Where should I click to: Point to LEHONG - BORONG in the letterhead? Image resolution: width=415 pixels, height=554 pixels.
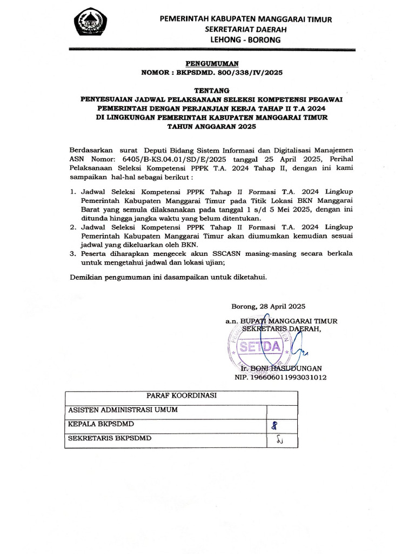[x=245, y=41]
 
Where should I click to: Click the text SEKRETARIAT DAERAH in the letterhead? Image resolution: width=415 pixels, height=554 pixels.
[x=245, y=30]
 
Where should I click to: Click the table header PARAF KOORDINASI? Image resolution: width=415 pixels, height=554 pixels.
[x=181, y=395]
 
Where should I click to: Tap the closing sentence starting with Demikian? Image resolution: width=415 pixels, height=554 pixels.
[x=169, y=277]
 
